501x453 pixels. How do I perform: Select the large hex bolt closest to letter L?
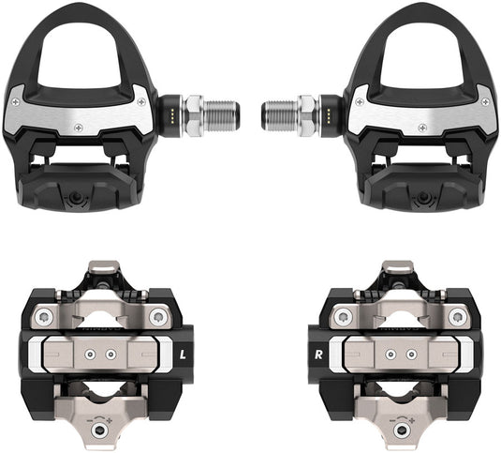[x=155, y=318]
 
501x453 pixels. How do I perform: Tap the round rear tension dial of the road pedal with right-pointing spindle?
[x=78, y=200]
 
